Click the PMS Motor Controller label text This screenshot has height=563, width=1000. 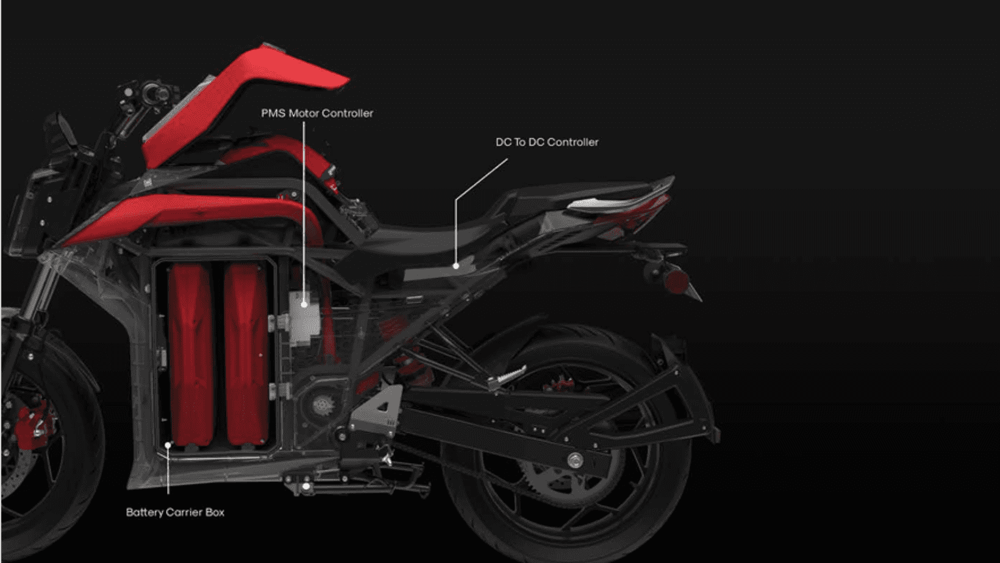(x=317, y=113)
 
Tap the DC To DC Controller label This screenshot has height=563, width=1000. (x=547, y=142)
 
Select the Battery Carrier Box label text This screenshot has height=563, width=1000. (x=175, y=512)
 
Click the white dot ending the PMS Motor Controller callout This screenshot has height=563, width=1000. (x=304, y=304)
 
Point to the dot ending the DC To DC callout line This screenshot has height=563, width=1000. (x=456, y=266)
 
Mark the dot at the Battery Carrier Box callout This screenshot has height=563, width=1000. (x=168, y=445)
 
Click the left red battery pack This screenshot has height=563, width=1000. (x=191, y=355)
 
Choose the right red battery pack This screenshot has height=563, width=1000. (x=246, y=355)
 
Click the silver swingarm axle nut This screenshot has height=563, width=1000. (x=575, y=460)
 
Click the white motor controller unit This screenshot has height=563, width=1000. (x=304, y=317)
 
